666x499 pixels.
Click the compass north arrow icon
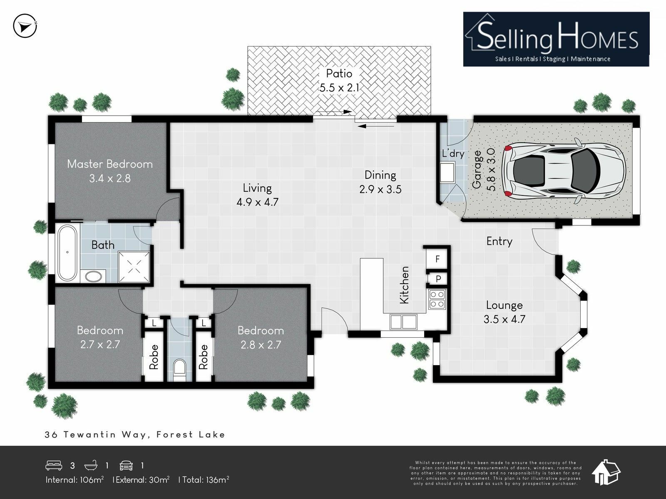pyautogui.click(x=25, y=26)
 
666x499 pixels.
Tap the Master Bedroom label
pyautogui.click(x=110, y=164)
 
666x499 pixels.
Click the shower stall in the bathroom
pyautogui.click(x=134, y=267)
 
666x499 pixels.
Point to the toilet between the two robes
pyautogui.click(x=179, y=370)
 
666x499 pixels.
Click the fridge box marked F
pyautogui.click(x=437, y=259)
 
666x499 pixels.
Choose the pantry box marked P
pyautogui.click(x=438, y=279)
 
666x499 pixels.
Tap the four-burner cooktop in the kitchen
pyautogui.click(x=437, y=299)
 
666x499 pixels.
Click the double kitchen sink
pyautogui.click(x=403, y=322)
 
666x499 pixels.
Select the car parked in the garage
pyautogui.click(x=563, y=171)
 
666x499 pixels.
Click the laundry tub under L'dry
pyautogui.click(x=447, y=172)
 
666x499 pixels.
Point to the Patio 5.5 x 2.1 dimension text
pyautogui.click(x=339, y=88)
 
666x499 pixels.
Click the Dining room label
pyautogui.click(x=380, y=175)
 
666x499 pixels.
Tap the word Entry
pyautogui.click(x=499, y=242)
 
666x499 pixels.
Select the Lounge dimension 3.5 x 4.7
pyautogui.click(x=504, y=319)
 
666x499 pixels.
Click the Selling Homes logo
pyautogui.click(x=556, y=39)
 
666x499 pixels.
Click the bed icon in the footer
pyautogui.click(x=54, y=465)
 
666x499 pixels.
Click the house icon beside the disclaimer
pyautogui.click(x=606, y=472)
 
